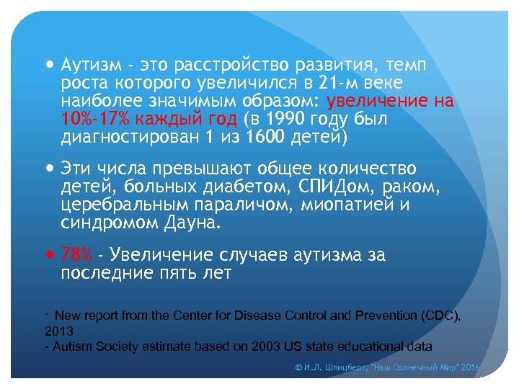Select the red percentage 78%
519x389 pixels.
click(76, 254)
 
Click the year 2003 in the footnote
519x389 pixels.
click(265, 346)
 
